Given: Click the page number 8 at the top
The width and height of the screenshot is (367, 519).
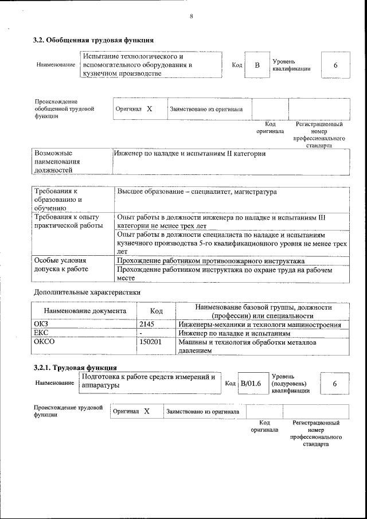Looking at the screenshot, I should (191, 16).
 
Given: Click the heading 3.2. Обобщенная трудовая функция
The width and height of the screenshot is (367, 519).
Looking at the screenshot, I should (93, 40).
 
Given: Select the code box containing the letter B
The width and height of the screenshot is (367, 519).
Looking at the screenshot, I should (257, 65).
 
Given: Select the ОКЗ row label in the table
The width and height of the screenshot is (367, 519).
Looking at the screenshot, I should (44, 325).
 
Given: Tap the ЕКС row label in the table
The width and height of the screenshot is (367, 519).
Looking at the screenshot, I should (43, 333).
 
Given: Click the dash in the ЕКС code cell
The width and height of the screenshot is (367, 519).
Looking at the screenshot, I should (141, 333).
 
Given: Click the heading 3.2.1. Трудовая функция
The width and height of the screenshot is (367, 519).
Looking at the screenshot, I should (75, 368).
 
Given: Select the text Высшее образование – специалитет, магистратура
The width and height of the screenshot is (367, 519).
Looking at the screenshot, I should (197, 192).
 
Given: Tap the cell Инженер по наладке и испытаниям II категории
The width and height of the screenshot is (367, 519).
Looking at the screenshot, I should (190, 154).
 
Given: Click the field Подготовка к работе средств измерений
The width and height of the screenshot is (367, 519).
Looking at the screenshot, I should (149, 381).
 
